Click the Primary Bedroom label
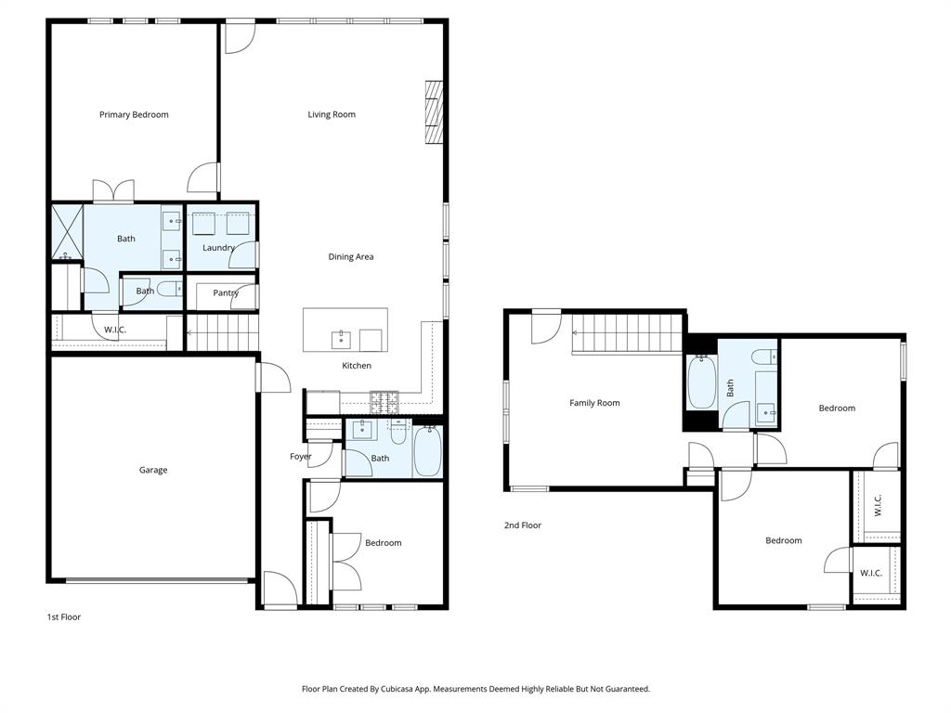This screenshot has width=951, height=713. click(x=134, y=115)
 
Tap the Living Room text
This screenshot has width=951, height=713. click(x=332, y=115)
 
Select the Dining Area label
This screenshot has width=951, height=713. click(x=350, y=257)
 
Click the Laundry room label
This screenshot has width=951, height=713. click(x=218, y=248)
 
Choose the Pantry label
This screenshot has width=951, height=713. click(x=226, y=293)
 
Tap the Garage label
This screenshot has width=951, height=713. click(x=153, y=471)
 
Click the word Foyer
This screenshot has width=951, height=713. click(x=300, y=457)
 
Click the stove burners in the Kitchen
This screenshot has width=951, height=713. click(x=384, y=402)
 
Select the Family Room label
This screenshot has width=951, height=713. click(x=594, y=403)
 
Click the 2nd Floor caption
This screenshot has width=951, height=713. click(x=522, y=525)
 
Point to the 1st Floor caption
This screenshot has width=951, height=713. click(x=64, y=617)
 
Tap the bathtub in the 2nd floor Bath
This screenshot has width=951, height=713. click(x=701, y=383)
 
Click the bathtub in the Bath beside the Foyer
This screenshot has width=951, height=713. click(x=427, y=452)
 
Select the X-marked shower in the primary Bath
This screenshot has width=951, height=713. click(x=66, y=232)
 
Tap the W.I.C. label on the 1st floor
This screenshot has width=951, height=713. click(x=115, y=330)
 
